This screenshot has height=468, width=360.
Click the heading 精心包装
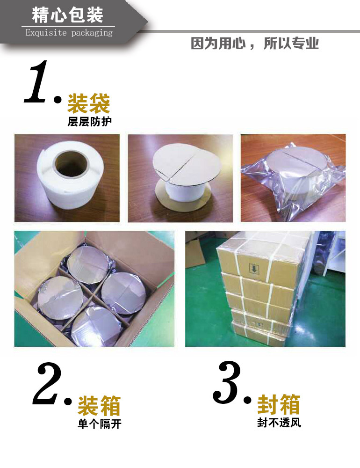click(x=67, y=15)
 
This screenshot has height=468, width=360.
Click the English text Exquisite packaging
click(x=69, y=33)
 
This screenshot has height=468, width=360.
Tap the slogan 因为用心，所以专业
click(x=255, y=44)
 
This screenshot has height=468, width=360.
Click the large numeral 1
click(x=36, y=81)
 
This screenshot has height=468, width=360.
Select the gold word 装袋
click(x=88, y=103)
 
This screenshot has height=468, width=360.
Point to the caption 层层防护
click(x=89, y=122)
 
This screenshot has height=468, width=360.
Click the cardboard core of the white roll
click(x=72, y=164)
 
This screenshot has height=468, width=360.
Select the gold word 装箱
click(x=99, y=406)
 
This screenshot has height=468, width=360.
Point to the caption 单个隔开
click(x=100, y=424)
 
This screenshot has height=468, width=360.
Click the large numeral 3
click(x=227, y=382)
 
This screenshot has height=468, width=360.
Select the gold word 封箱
click(x=279, y=404)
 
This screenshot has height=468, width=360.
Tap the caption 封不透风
click(x=279, y=423)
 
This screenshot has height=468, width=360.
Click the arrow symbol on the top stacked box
click(x=254, y=269)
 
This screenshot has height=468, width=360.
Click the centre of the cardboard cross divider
click(x=94, y=294)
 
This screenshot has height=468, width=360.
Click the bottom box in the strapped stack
click(x=258, y=333)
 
